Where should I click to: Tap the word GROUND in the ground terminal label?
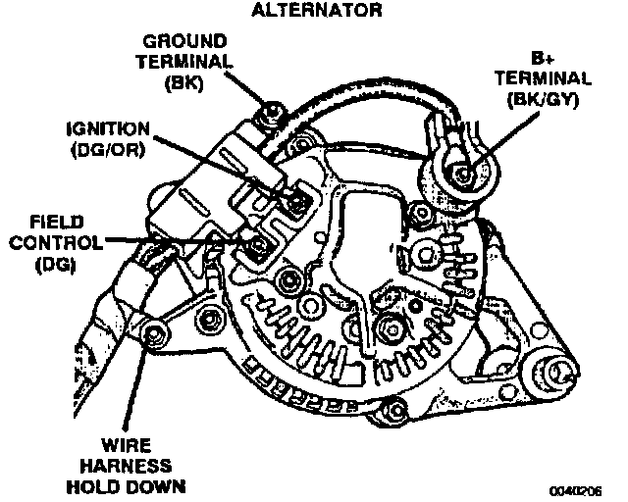coord(185,42)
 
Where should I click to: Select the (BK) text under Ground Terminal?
coord(185,84)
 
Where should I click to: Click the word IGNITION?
coord(108,128)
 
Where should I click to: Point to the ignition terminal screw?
coord(293,201)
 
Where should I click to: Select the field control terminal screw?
coord(257,245)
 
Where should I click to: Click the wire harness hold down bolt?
coord(151,338)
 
